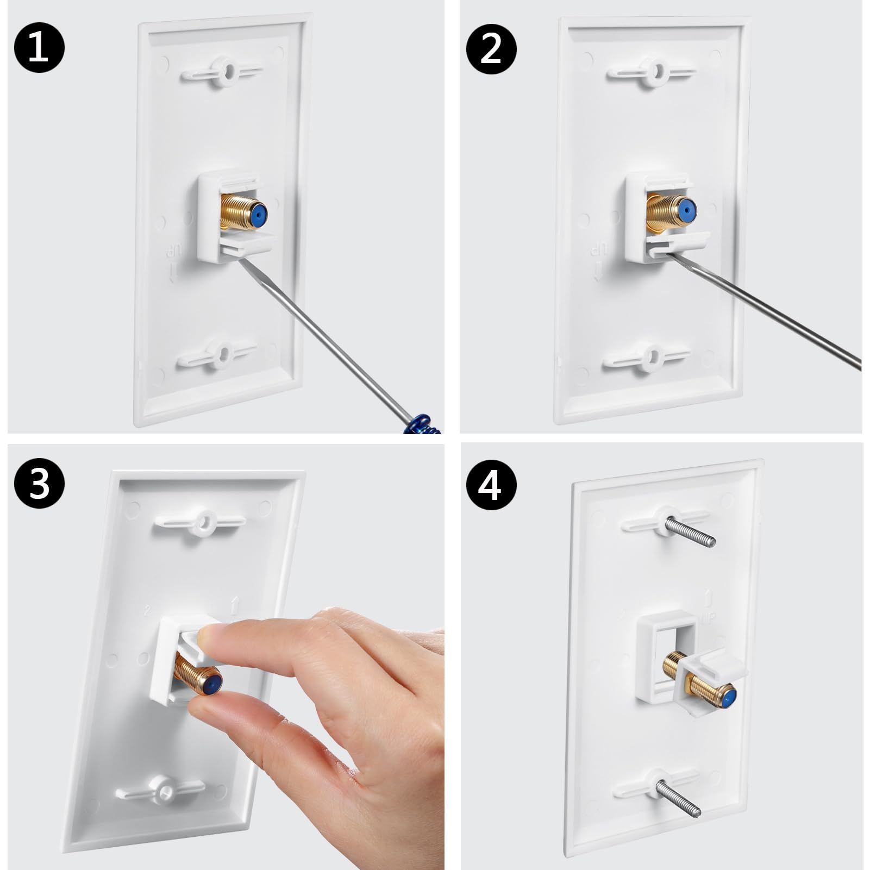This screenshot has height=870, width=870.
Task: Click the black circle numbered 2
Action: [491, 49]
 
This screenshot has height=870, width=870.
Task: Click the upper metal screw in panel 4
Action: [691, 532]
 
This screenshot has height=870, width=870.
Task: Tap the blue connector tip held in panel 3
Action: [213, 683]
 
